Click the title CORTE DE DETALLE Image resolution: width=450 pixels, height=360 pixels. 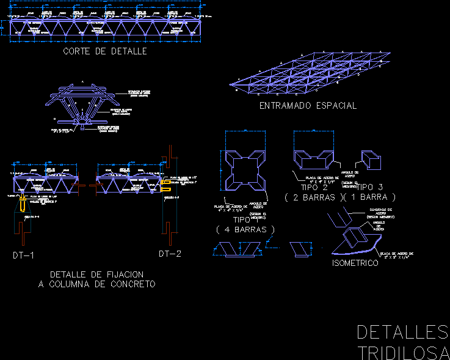click(x=105, y=51)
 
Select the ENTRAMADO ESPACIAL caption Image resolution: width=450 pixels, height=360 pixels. click(x=308, y=106)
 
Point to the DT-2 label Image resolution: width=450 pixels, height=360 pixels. click(x=170, y=254)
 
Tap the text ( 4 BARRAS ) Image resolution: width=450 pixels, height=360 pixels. click(x=245, y=229)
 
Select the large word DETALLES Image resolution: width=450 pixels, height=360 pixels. click(x=402, y=332)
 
